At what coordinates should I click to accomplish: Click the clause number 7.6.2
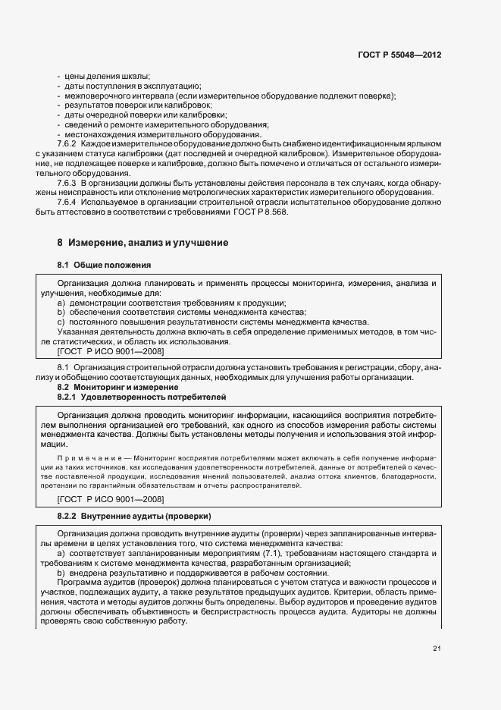pos(68,143)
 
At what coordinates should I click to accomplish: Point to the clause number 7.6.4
pos(68,203)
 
